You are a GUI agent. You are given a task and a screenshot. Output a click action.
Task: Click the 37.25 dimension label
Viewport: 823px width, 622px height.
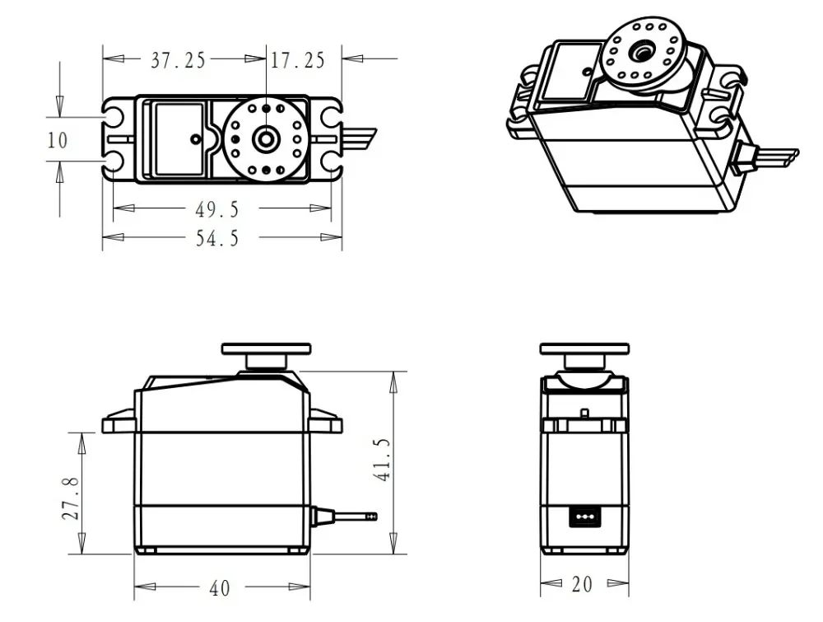[x=178, y=59]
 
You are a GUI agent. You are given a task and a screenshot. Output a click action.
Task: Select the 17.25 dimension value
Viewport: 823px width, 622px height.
[x=297, y=59]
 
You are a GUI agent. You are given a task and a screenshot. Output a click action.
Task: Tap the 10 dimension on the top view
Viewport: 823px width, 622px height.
[x=57, y=140]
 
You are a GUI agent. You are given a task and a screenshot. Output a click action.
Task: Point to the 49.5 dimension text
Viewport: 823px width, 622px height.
[x=217, y=208]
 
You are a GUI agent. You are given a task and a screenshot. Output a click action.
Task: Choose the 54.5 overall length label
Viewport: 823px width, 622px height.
[x=217, y=238]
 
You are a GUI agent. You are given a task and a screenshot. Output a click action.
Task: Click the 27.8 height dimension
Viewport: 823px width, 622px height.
[x=72, y=498]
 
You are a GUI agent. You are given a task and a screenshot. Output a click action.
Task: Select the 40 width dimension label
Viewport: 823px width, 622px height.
[x=219, y=588]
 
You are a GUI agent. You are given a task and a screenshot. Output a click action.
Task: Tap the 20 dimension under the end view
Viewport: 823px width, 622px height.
[x=581, y=585]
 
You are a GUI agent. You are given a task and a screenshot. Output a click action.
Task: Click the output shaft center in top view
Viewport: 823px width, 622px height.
[x=265, y=138]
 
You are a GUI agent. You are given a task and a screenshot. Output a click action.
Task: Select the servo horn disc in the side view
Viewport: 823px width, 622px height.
[x=266, y=348]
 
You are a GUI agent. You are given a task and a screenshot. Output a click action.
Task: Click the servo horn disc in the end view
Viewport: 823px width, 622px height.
[x=584, y=348]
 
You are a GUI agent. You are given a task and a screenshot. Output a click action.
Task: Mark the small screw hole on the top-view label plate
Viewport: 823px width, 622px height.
[x=195, y=138]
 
